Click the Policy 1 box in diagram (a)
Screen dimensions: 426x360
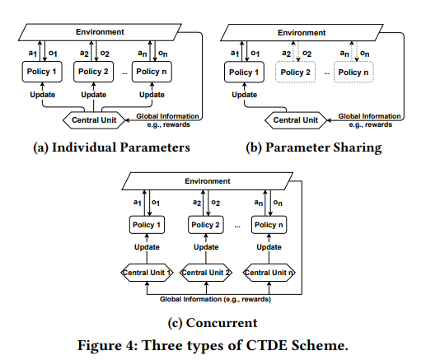[x=42, y=72]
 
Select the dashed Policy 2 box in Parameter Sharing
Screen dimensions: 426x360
[x=295, y=72]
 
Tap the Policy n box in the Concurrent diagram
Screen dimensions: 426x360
[x=269, y=225]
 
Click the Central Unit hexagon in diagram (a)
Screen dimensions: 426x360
[x=94, y=120]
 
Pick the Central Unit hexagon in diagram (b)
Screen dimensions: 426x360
[x=296, y=120]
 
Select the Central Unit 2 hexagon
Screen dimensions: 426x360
[x=206, y=273]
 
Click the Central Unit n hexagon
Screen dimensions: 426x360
[x=269, y=273]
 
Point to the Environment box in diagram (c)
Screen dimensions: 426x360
[x=208, y=181]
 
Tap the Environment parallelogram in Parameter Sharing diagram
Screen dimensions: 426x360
[x=302, y=33]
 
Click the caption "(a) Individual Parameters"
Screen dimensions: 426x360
[x=111, y=147]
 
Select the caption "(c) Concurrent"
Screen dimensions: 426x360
[x=213, y=323]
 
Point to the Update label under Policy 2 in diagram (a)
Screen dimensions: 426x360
[x=94, y=95]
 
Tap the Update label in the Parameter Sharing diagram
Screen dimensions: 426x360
[x=245, y=95]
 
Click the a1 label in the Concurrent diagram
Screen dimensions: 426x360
[x=138, y=203]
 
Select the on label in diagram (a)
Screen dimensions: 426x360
[x=163, y=53]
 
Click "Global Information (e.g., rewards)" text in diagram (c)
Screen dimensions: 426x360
[x=215, y=299]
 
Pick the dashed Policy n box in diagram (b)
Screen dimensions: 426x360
[x=353, y=72]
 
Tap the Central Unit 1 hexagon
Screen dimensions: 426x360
[x=147, y=273]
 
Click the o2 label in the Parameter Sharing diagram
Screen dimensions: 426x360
[x=307, y=54]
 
